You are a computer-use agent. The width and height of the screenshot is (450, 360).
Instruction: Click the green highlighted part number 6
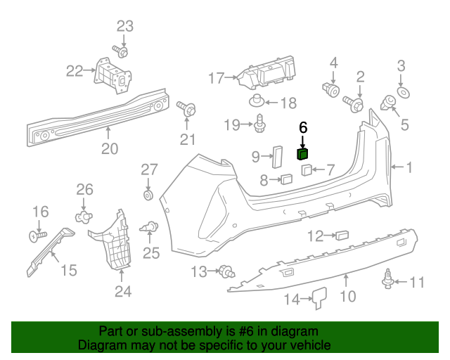tap(303, 155)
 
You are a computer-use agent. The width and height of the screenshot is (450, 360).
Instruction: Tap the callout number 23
tap(124, 26)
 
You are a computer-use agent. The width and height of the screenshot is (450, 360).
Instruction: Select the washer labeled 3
tap(404, 93)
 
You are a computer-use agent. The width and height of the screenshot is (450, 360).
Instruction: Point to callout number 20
tap(109, 148)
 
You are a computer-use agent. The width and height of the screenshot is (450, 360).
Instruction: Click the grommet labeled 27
tap(149, 193)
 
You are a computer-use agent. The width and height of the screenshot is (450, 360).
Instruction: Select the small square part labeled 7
tap(308, 169)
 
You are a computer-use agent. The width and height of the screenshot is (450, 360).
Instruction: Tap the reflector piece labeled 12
tap(344, 235)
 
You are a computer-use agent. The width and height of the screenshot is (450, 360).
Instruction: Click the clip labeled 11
tap(386, 279)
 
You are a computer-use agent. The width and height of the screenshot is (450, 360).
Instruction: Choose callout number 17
tap(215, 77)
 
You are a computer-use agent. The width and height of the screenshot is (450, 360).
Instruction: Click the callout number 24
tap(123, 291)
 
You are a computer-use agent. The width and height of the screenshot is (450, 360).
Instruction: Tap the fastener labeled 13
tap(226, 271)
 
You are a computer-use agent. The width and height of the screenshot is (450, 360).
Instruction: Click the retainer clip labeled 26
tap(84, 214)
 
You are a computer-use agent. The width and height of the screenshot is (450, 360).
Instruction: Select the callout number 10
tap(346, 297)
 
